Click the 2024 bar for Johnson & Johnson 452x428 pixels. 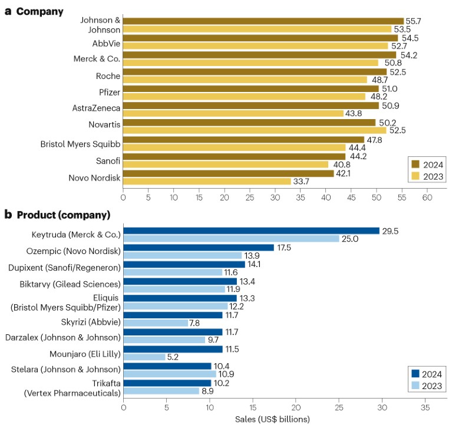pos(263,21)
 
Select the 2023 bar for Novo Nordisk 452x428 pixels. pos(207,182)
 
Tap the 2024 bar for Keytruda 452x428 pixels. pos(252,231)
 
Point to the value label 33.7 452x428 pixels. pos(301,182)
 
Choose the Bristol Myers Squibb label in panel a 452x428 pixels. pos(80,143)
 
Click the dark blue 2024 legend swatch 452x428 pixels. pos(414,373)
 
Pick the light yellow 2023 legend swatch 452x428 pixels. pos(414,175)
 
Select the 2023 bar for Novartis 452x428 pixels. pos(255,130)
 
